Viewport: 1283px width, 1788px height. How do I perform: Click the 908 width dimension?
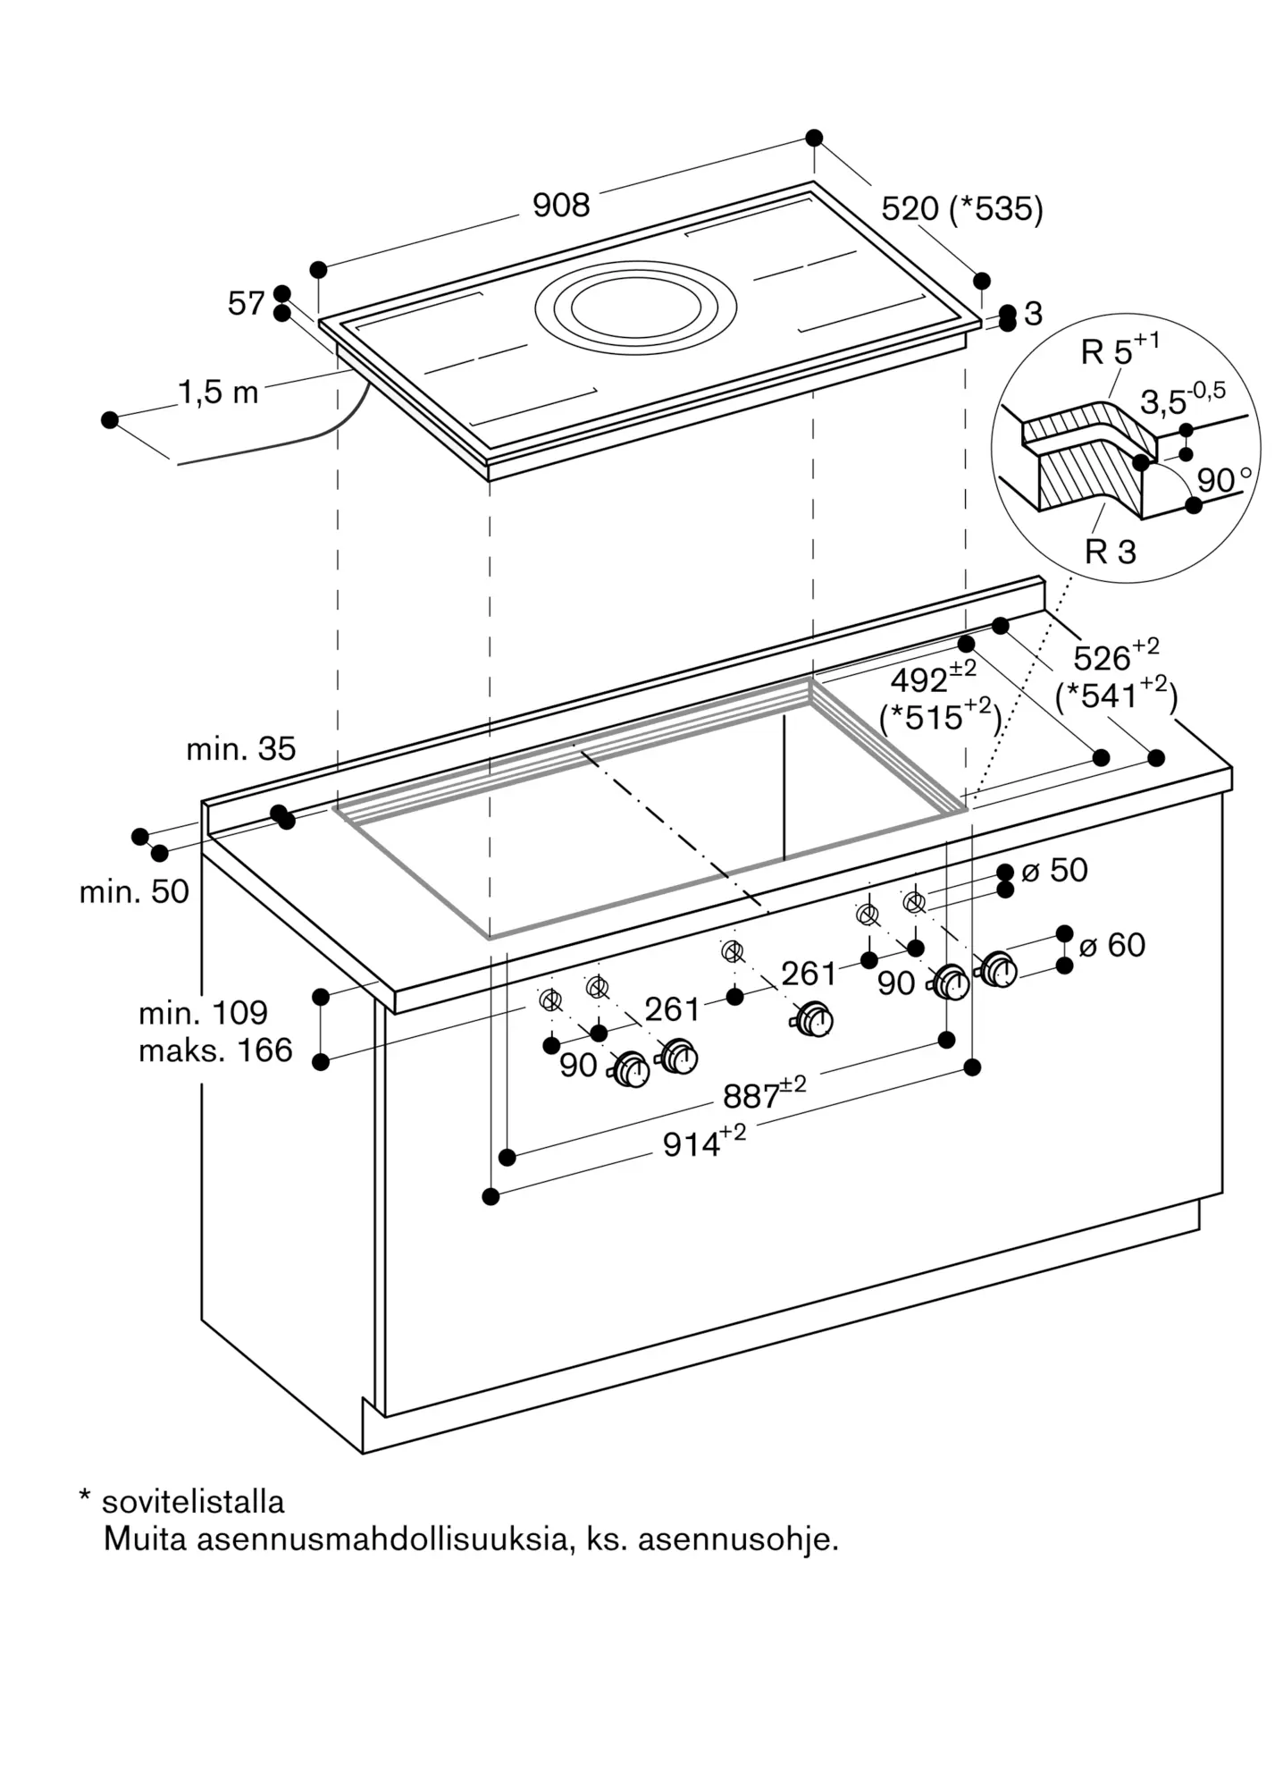coord(561,206)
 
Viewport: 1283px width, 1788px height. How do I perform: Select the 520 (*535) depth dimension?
coord(961,209)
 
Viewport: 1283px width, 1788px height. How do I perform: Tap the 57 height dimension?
coord(246,304)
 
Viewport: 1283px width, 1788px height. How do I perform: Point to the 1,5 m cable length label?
coord(218,392)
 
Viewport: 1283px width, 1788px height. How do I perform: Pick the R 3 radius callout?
coord(1110,552)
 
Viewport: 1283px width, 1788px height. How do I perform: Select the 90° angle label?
coord(1222,480)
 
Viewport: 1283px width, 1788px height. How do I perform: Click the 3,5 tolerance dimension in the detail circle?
coord(1181,400)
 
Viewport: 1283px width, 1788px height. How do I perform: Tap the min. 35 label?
coord(240,748)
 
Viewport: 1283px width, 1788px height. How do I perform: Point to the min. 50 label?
coord(134,891)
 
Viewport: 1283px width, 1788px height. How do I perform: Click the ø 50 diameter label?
coord(1054,870)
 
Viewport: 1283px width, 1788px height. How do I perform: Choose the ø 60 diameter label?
coord(1111,945)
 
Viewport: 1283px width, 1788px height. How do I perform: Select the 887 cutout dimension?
coord(763,1094)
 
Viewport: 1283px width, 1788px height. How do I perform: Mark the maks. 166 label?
coord(215,1050)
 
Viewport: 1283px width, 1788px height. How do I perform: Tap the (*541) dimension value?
coord(1116,695)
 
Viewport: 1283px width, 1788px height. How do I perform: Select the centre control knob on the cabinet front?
coord(814,1018)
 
